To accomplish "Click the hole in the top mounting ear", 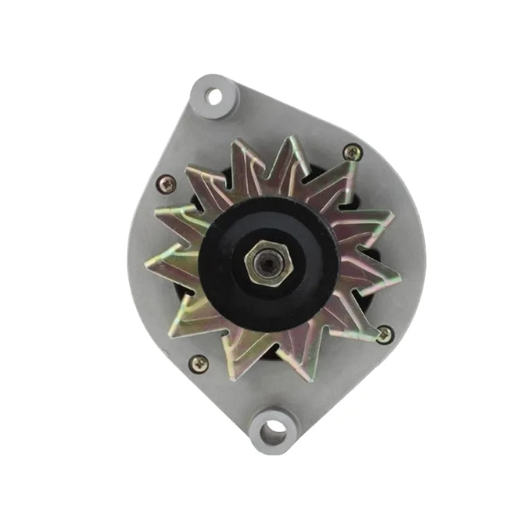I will point(214,95).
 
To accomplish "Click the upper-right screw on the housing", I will point(352,151).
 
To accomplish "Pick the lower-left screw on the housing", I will point(199,362).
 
